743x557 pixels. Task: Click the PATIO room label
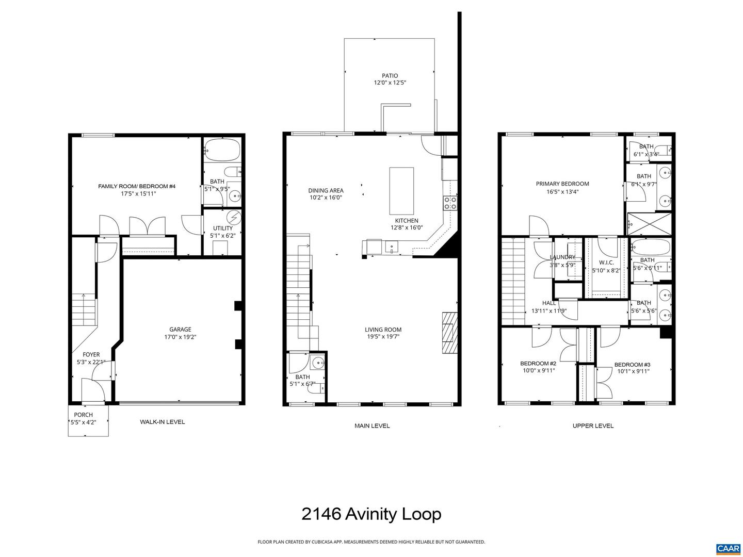(390, 76)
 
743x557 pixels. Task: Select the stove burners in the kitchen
(450, 203)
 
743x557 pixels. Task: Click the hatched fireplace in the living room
(449, 333)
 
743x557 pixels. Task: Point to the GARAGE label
(180, 330)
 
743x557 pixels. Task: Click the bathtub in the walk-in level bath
(222, 150)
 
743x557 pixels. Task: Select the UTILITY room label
(223, 228)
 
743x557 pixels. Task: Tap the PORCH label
(83, 415)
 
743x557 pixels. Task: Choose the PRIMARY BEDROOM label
(562, 184)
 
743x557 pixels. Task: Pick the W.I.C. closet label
(606, 263)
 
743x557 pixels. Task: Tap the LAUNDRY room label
(562, 257)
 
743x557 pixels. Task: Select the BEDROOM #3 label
(632, 365)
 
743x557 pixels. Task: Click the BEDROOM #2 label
(538, 364)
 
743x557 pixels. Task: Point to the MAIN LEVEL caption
(372, 425)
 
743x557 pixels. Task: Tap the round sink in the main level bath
(318, 362)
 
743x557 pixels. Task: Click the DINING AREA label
(326, 190)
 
